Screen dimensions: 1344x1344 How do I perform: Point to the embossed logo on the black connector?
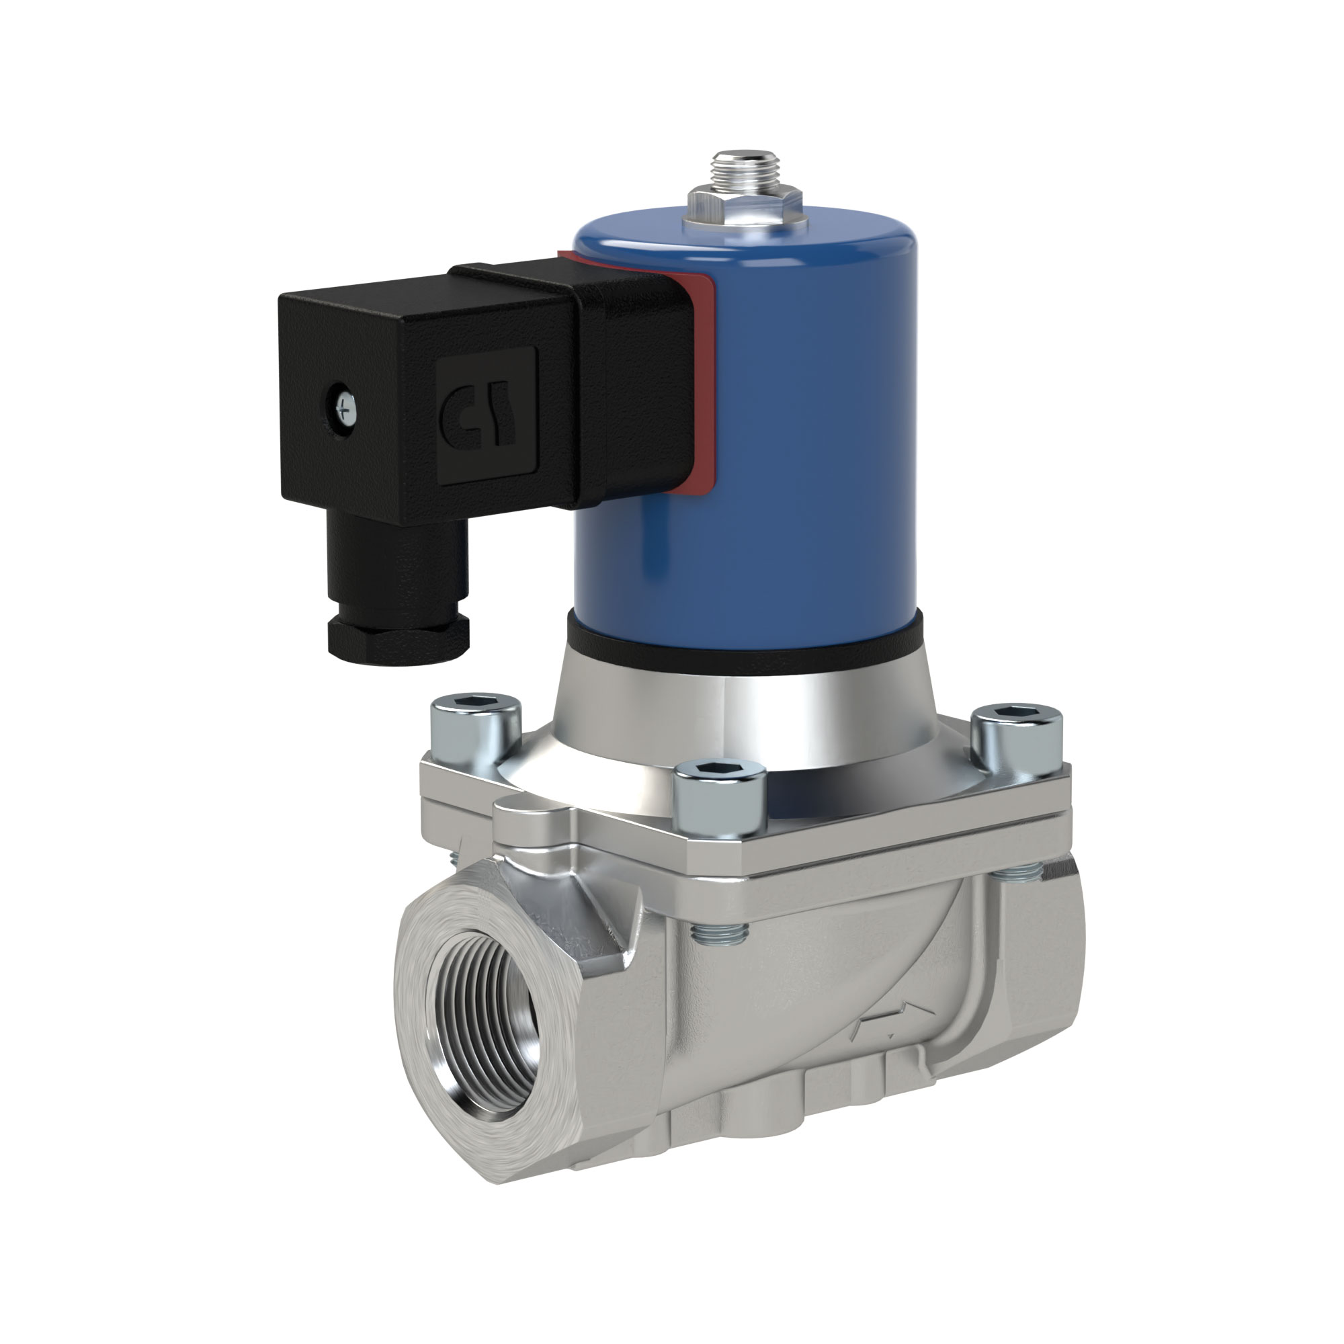pos(487,417)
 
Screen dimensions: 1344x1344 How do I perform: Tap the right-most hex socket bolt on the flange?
pos(1017,737)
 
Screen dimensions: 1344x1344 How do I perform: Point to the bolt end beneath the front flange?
pos(720,935)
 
